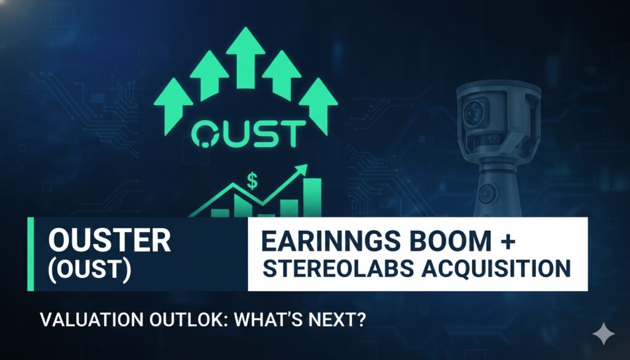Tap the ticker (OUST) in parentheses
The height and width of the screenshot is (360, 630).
[x=89, y=271]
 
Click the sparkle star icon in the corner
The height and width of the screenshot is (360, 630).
[x=603, y=335]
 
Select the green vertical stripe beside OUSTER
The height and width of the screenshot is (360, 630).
[x=29, y=254]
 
